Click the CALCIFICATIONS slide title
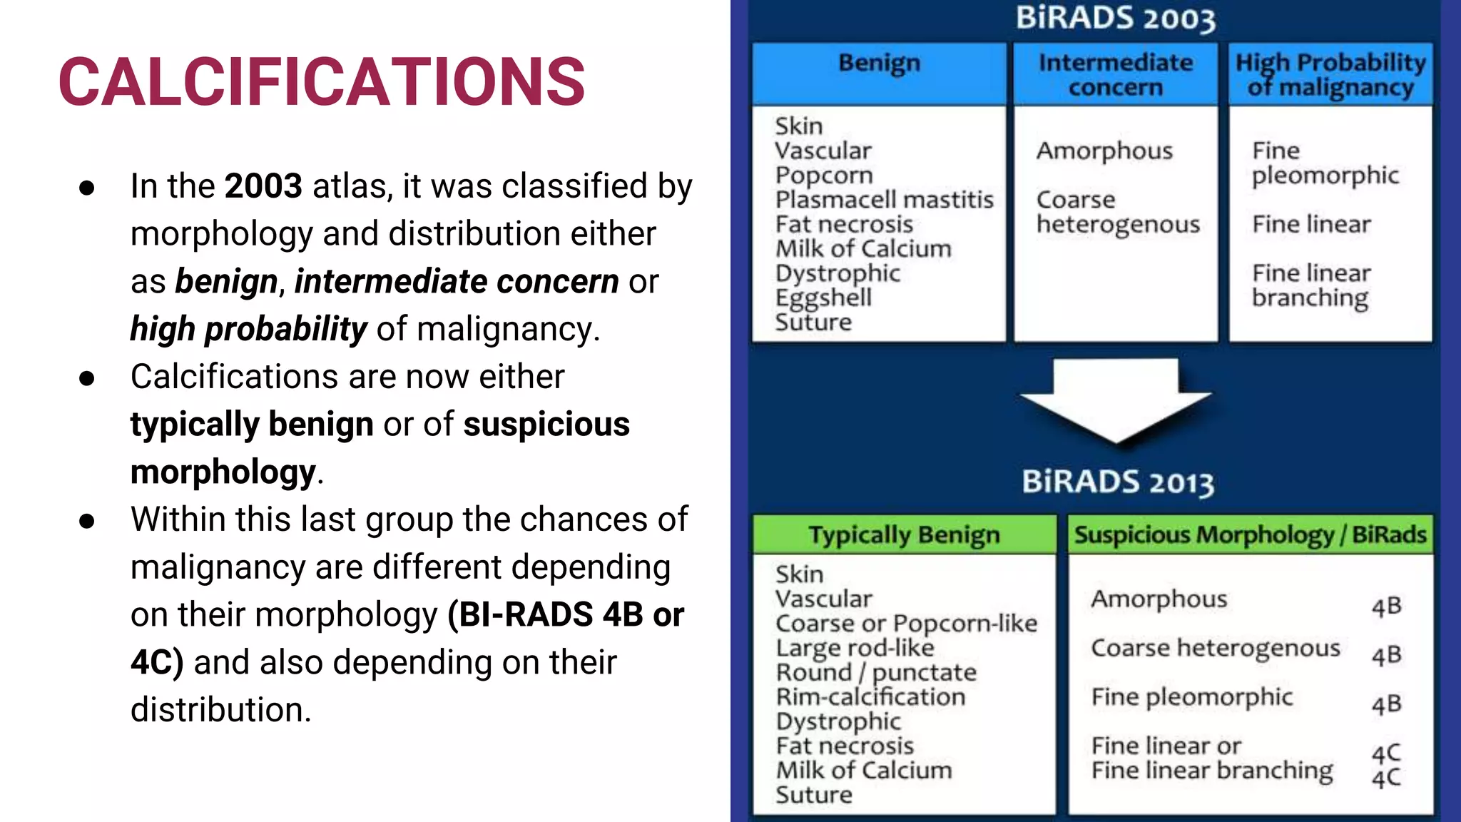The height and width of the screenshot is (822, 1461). click(x=322, y=82)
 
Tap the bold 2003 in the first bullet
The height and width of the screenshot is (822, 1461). click(x=263, y=186)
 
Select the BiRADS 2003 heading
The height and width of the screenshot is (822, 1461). click(x=1115, y=19)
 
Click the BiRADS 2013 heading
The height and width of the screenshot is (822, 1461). click(x=1117, y=482)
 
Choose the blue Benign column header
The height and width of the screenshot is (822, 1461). click(x=879, y=64)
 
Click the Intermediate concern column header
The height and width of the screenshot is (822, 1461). click(x=1115, y=74)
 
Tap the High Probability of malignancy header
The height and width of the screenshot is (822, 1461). click(x=1330, y=74)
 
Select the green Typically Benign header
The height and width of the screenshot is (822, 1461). click(x=904, y=535)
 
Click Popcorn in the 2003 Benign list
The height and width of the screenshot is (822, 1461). click(x=824, y=176)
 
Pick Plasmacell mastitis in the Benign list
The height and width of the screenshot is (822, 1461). click(x=884, y=200)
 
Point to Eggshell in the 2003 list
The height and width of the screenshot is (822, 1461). click(x=823, y=298)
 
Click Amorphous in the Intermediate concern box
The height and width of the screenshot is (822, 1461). click(x=1104, y=151)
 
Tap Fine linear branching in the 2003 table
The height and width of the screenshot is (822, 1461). click(x=1311, y=285)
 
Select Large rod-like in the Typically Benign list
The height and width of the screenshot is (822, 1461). click(x=855, y=648)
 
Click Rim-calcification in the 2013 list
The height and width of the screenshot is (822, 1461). click(x=870, y=697)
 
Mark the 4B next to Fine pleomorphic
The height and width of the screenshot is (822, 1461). click(x=1386, y=705)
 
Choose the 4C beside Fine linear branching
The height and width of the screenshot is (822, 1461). click(x=1386, y=778)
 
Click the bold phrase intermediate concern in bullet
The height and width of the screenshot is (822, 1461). click(x=457, y=281)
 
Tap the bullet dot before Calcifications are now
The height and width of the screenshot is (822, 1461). click(x=87, y=378)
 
